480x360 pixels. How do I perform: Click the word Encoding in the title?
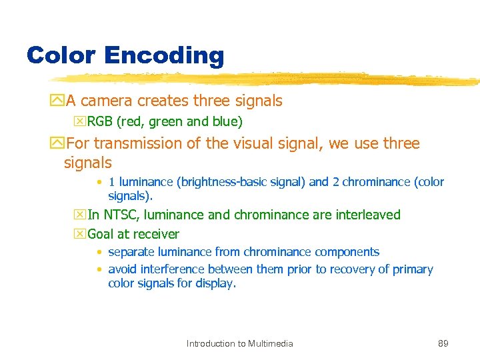pos(164,56)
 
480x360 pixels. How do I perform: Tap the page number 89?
pos(443,343)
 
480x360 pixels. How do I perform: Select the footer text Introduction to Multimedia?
pos(239,343)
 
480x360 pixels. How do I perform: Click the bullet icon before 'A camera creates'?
pos(58,101)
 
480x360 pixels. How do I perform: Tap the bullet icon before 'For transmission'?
pos(58,144)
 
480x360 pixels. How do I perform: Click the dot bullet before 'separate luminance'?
pos(99,253)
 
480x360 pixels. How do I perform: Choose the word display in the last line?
pos(217,283)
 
